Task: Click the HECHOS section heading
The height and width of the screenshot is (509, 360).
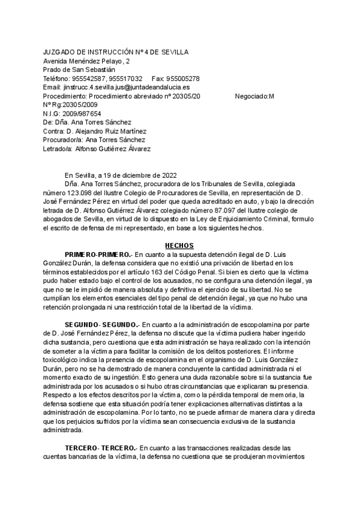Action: (180, 245)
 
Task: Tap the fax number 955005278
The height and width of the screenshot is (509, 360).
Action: (184, 79)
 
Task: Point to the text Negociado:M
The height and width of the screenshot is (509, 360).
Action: (254, 96)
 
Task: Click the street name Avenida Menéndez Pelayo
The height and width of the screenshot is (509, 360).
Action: (83, 61)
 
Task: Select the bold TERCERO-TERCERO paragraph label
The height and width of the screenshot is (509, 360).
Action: (102, 447)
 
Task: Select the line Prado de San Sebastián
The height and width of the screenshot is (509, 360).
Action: (79, 70)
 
